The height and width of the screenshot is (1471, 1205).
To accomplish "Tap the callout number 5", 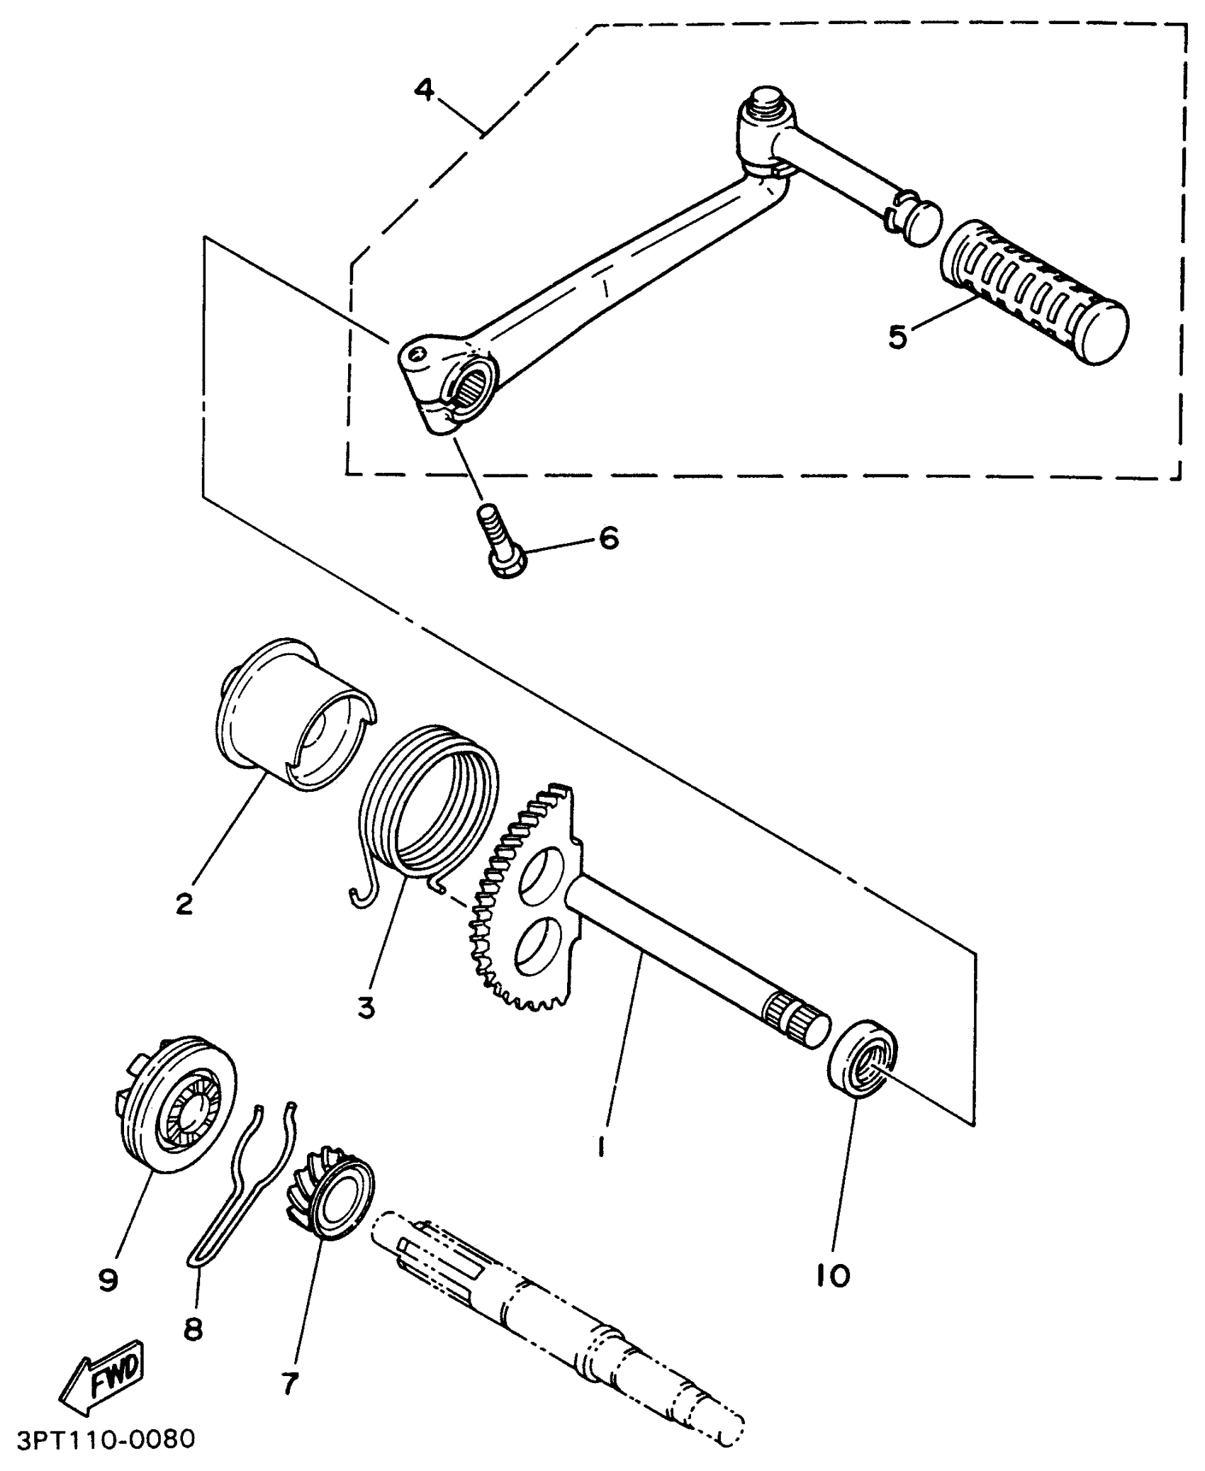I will pyautogui.click(x=897, y=337).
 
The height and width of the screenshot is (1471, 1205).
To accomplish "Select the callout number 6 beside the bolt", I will pyautogui.click(x=608, y=538).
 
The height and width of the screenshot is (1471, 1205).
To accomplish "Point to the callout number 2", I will pyautogui.click(x=184, y=903).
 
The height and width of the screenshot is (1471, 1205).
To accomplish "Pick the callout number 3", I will pyautogui.click(x=366, y=1007).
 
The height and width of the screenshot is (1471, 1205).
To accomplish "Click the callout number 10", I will pyautogui.click(x=832, y=1276).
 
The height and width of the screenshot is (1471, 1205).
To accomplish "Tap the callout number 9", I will pyautogui.click(x=108, y=1280).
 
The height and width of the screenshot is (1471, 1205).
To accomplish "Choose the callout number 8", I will pyautogui.click(x=193, y=1330).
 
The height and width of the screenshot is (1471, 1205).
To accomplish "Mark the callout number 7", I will pyautogui.click(x=289, y=1383).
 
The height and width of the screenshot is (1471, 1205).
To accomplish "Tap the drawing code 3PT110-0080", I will pyautogui.click(x=105, y=1439).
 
